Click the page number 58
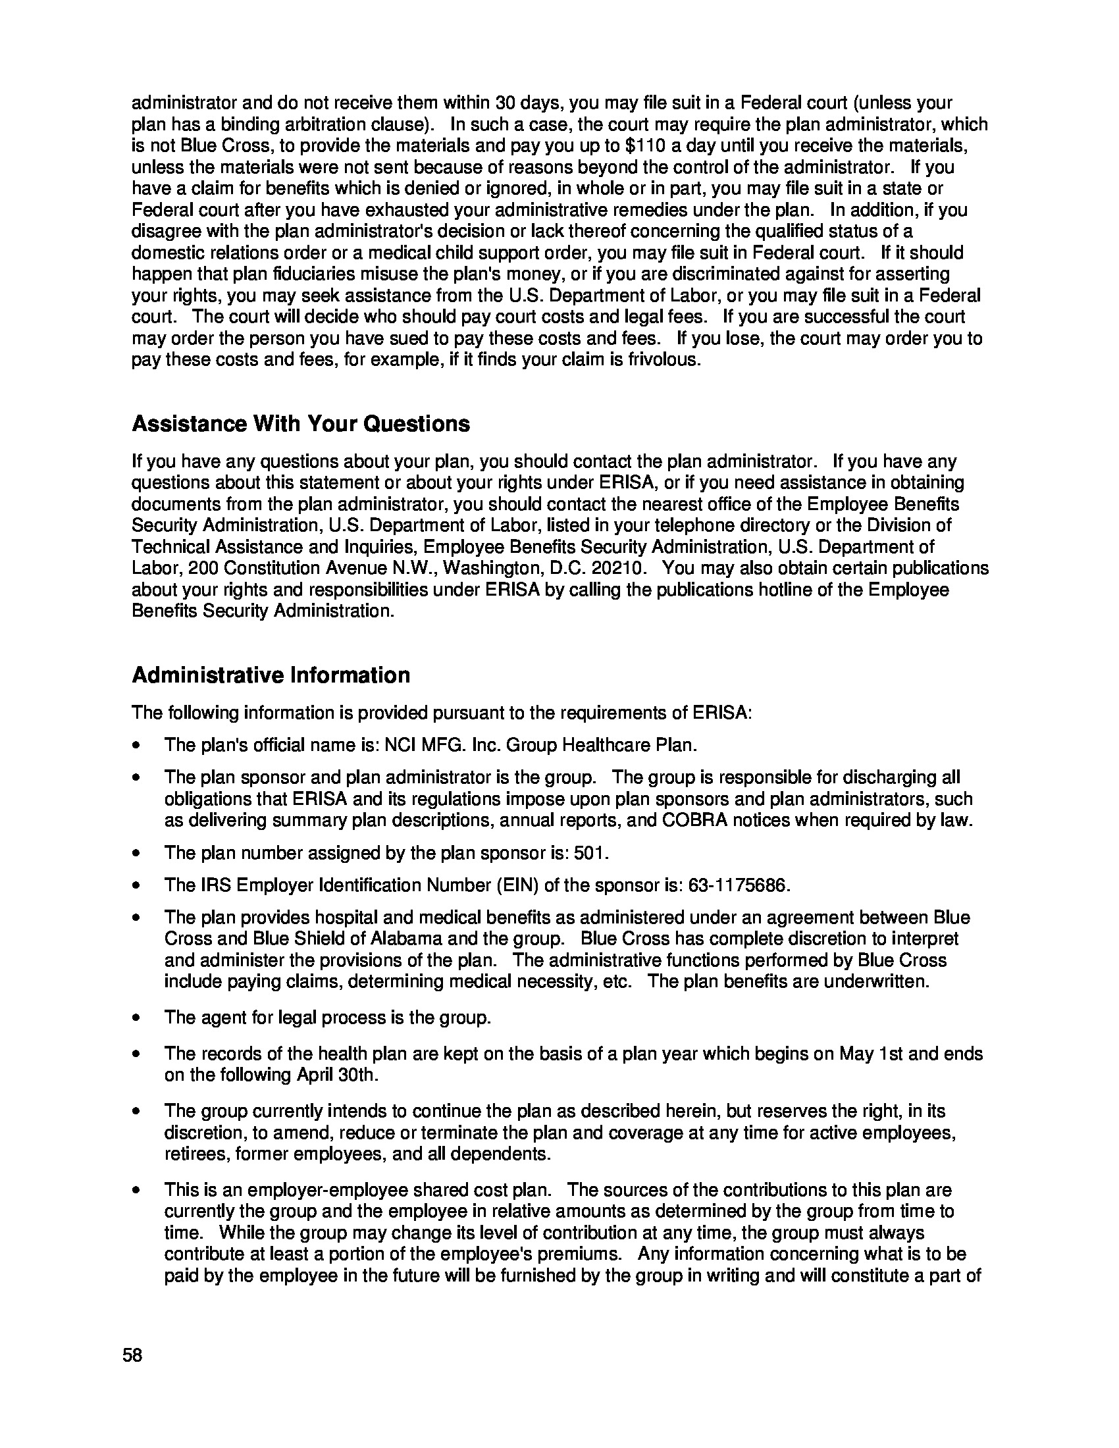[x=132, y=1355]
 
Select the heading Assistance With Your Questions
[x=301, y=424]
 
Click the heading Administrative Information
[x=271, y=675]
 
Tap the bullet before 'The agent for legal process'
[x=136, y=1018]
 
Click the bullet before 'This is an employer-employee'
[x=136, y=1190]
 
